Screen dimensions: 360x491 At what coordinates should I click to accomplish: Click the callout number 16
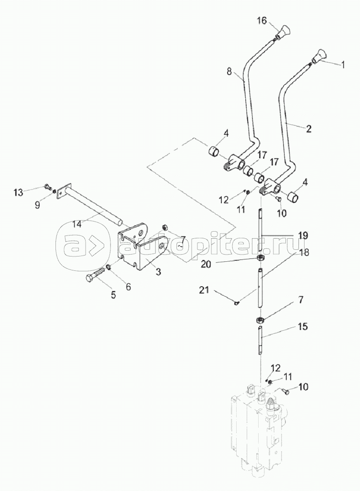pyautogui.click(x=262, y=21)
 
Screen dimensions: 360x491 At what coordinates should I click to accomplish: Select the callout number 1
pyautogui.click(x=342, y=65)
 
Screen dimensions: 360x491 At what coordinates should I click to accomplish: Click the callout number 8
pyautogui.click(x=229, y=72)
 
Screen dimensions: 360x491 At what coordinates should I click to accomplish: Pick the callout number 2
pyautogui.click(x=308, y=128)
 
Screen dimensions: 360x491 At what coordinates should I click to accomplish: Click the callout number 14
pyautogui.click(x=77, y=224)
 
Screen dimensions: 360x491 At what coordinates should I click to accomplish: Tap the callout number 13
pyautogui.click(x=19, y=192)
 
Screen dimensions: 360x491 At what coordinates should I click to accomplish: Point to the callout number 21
pyautogui.click(x=204, y=290)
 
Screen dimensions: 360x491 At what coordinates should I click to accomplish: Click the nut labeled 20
pyautogui.click(x=259, y=257)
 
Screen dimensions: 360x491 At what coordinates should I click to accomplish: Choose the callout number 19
pyautogui.click(x=303, y=234)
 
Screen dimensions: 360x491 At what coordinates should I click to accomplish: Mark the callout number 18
pyautogui.click(x=304, y=252)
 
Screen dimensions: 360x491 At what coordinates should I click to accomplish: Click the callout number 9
pyautogui.click(x=37, y=205)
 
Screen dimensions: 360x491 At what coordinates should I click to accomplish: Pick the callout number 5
pyautogui.click(x=113, y=294)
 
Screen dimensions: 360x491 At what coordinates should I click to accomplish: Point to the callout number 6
pyautogui.click(x=128, y=287)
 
